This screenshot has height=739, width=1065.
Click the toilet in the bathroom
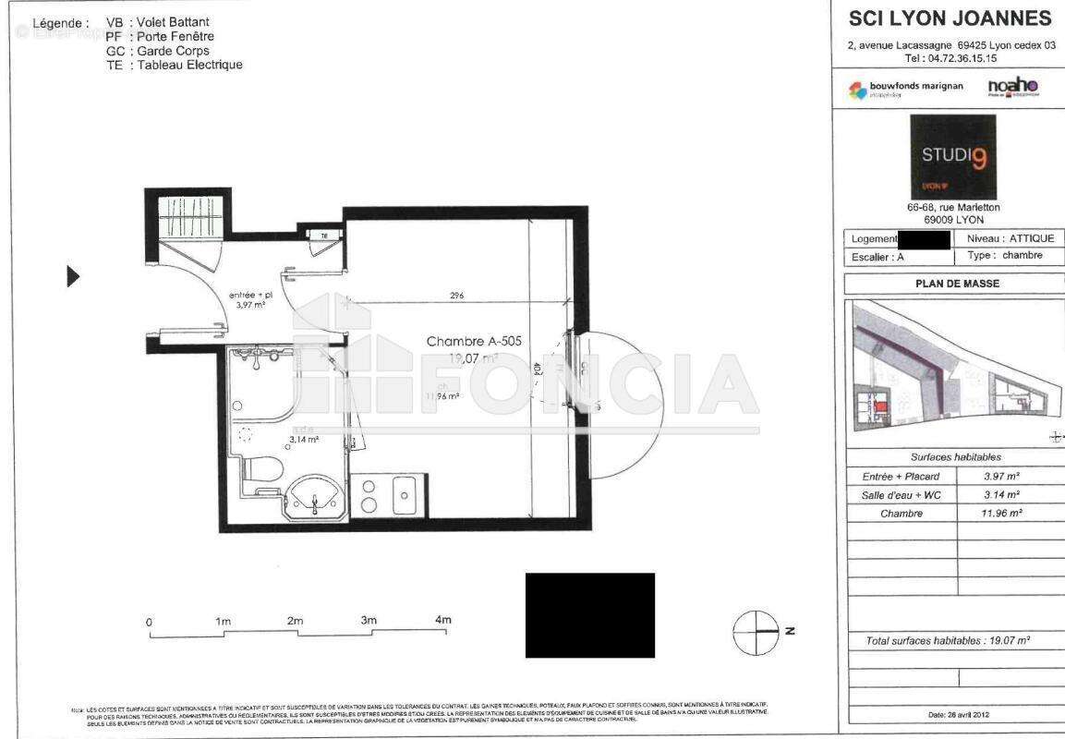[x=265, y=469]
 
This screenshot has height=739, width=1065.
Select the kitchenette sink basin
[x=404, y=495]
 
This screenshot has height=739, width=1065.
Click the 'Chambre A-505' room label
[x=474, y=341]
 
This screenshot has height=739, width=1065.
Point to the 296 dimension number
[x=456, y=296]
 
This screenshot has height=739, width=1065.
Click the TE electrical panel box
[x=323, y=236]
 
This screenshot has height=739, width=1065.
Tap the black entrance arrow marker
[x=73, y=276]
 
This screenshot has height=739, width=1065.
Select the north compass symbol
[x=756, y=633]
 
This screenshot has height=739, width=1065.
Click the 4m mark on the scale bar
[x=442, y=620]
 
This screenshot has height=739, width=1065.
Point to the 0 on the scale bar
[x=150, y=623]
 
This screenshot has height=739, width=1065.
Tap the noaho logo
[x=1013, y=87]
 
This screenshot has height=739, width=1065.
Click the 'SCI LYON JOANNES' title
[x=950, y=18]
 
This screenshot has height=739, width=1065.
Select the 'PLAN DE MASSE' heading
[x=957, y=284]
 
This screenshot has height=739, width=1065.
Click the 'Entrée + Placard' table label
[x=901, y=477]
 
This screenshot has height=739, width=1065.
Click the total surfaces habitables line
[x=948, y=640]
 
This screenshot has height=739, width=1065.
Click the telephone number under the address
[x=950, y=58]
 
